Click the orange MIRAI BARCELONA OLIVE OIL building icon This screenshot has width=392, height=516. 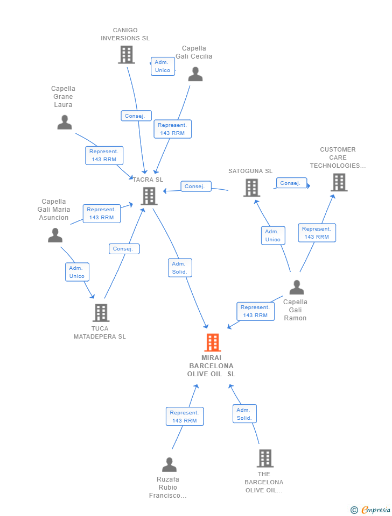coord(213,342)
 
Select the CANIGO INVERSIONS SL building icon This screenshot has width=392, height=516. coord(127,55)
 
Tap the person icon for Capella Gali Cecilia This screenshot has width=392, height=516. coord(195,74)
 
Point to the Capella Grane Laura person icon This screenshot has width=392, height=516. coord(65,122)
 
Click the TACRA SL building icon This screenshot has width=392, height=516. coord(149,196)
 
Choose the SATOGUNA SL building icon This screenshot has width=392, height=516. coord(251,188)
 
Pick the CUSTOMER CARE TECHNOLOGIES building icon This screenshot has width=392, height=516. coord(339,182)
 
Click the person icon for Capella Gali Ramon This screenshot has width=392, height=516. coord(297,287)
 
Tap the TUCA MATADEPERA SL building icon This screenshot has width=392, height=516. coord(101,313)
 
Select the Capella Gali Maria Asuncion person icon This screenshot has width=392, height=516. coord(55,235)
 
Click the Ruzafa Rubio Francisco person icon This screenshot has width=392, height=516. coord(170,464)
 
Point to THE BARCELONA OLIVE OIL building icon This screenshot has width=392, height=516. coord(265,458)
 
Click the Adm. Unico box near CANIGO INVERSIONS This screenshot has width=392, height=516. coord(163,66)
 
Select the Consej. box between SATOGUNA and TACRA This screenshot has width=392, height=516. coord(196,187)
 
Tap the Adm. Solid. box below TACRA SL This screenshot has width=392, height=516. coord(180,268)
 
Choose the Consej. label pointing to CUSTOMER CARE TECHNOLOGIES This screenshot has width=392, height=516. coord(291,183)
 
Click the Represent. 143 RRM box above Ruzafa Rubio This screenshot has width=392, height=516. coord(185,416)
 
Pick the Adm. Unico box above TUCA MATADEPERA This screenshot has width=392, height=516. coord(77,272)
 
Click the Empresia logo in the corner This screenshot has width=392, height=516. coord(370,510)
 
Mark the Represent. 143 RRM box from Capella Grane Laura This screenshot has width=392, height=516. coord(104,155)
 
